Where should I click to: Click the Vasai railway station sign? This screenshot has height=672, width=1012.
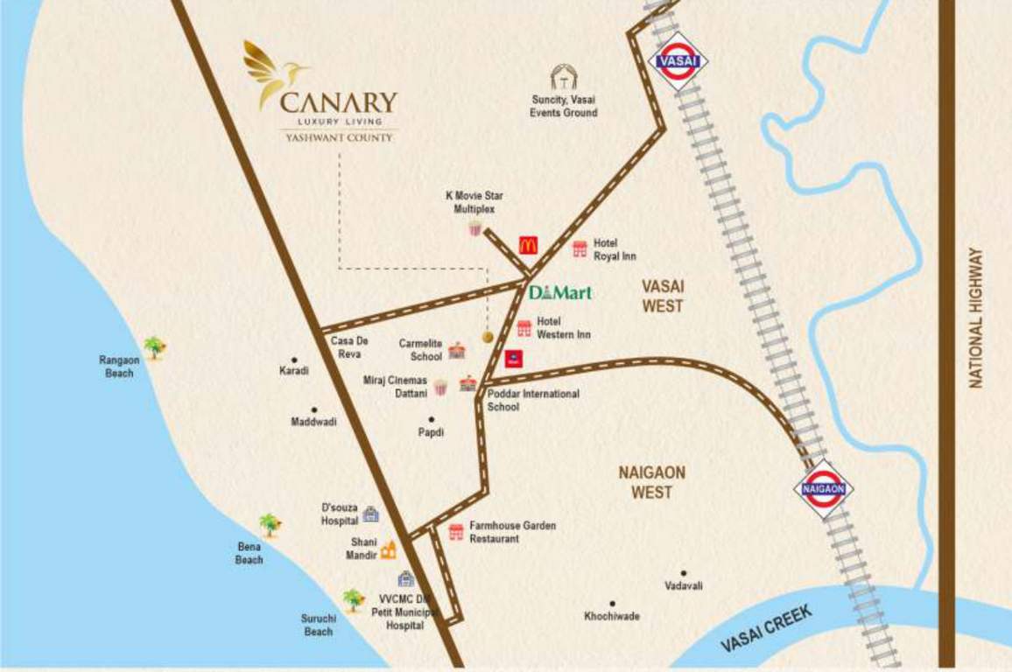678,62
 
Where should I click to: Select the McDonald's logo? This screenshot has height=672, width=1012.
527,246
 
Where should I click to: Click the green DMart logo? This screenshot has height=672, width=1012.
560,292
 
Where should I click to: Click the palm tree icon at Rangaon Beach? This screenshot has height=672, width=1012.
155,347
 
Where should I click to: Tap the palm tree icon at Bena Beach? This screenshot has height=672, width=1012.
271,525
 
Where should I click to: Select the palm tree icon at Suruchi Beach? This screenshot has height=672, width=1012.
353,599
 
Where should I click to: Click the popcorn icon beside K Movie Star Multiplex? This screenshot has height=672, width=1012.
474,228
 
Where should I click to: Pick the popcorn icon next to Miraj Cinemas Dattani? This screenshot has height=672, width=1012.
440,386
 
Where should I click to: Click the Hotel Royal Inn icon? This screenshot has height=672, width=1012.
580,249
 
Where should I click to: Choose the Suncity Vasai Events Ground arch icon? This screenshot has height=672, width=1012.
563,78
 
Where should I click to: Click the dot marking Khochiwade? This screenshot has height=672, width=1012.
612,603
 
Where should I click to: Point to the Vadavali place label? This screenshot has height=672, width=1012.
683,585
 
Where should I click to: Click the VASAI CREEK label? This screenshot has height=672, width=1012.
766,628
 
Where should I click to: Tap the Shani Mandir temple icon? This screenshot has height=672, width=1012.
388,549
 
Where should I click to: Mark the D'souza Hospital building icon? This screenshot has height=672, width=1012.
370,514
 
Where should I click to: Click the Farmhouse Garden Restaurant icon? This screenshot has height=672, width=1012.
455,532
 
